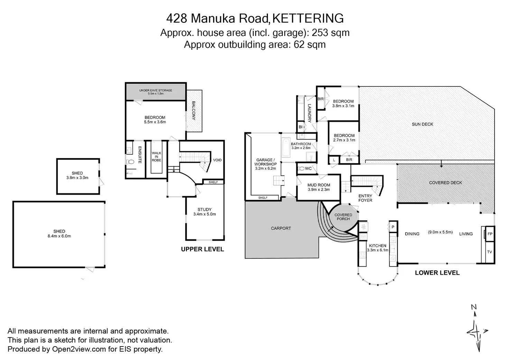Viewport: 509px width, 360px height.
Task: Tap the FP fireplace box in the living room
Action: [x=490, y=234]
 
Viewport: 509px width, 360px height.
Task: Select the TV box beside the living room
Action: [x=489, y=252]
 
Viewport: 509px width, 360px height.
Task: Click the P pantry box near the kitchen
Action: [x=393, y=227]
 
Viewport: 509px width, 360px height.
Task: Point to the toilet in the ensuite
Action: [x=131, y=162]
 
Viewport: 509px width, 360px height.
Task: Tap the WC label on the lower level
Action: [x=308, y=169]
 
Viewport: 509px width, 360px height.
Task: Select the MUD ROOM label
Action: [x=318, y=185]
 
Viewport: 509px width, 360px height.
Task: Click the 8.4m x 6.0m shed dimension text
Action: [x=59, y=236]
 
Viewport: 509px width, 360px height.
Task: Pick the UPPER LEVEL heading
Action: [x=202, y=249]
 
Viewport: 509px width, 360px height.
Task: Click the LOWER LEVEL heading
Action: [x=437, y=273]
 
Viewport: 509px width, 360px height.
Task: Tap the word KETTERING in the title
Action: [x=308, y=18]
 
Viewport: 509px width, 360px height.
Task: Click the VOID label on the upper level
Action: [x=217, y=160]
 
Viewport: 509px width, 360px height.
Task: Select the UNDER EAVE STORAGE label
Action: [x=156, y=91]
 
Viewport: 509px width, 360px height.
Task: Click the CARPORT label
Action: [x=281, y=228]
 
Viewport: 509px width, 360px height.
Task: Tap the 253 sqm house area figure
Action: [x=331, y=33]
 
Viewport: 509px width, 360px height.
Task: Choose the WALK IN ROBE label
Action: [x=156, y=157]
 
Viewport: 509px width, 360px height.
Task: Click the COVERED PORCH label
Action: [x=343, y=217]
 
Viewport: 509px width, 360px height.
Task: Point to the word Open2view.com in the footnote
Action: [x=79, y=349]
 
